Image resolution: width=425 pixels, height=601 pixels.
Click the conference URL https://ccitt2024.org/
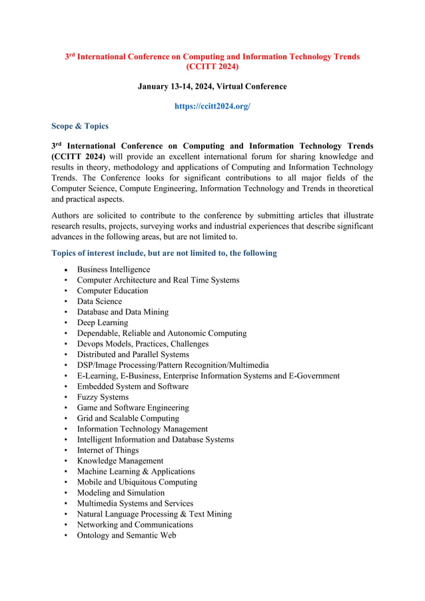click(212, 106)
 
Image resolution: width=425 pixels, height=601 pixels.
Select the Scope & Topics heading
click(79, 126)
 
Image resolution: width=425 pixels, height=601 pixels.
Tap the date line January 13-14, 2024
click(212, 87)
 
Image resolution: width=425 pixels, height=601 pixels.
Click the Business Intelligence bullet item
click(113, 269)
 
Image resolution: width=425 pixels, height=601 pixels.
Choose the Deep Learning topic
click(102, 322)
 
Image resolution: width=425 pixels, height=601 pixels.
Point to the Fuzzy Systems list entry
click(103, 397)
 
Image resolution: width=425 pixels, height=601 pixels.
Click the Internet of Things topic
click(107, 450)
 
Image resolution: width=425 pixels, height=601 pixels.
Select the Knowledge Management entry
click(120, 461)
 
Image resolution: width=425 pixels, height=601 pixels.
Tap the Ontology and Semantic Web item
click(127, 535)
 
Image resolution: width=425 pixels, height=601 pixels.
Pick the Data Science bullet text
click(99, 301)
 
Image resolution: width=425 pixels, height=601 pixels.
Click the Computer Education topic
click(112, 291)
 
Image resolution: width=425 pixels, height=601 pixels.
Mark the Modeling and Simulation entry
click(121, 493)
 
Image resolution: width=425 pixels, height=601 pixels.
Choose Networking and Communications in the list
click(135, 525)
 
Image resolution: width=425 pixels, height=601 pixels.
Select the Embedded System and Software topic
click(133, 386)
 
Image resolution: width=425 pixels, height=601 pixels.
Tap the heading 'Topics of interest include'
click(164, 253)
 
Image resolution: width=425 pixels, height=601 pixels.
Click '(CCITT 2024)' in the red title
click(212, 67)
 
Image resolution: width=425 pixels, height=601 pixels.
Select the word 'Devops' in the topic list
click(91, 344)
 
